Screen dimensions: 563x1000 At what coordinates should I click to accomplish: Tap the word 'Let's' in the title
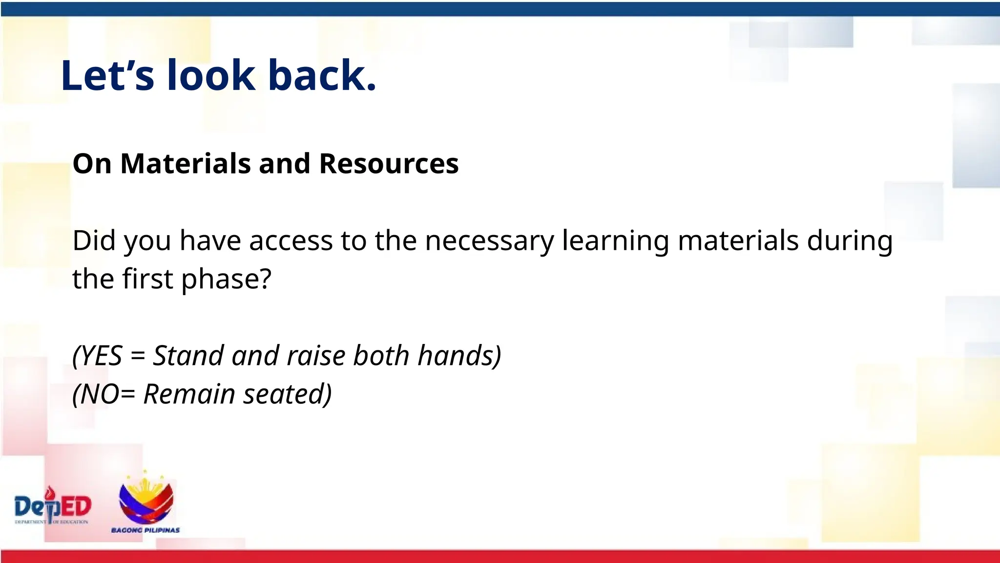coord(107,76)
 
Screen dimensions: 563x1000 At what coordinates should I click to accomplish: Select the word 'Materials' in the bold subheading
coord(186,163)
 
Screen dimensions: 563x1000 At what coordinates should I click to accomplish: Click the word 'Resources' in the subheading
coord(389,163)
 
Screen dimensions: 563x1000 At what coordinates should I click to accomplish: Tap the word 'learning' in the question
coord(615,241)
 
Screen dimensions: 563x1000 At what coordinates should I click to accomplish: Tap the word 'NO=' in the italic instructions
coord(105,394)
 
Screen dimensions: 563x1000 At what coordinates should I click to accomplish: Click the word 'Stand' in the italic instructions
coord(188,356)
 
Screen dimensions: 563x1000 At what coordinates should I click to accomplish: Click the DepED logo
coord(53,507)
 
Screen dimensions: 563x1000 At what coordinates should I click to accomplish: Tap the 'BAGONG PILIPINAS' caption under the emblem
coord(146,530)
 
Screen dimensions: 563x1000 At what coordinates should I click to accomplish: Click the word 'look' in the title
coord(211,76)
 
